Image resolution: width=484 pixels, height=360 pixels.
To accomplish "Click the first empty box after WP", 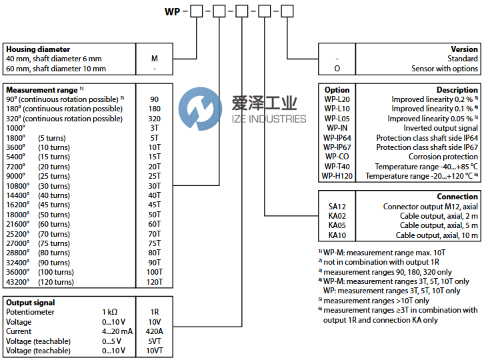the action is click(x=197, y=11).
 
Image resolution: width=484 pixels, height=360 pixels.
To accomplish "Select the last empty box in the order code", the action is click(x=287, y=11).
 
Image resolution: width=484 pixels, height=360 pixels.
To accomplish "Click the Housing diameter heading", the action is click(x=38, y=49).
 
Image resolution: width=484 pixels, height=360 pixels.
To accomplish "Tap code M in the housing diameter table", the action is click(x=155, y=59).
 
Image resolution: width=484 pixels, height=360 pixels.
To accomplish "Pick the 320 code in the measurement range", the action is click(x=155, y=119).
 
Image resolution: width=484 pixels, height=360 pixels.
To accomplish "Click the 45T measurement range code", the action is click(x=155, y=205).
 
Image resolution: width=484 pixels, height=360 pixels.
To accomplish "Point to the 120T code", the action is click(x=155, y=282).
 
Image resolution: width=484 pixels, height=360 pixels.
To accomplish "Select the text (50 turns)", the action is click(x=54, y=215).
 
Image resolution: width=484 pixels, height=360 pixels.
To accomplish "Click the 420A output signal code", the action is click(x=155, y=331).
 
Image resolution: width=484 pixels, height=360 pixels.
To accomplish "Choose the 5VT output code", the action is click(x=155, y=341).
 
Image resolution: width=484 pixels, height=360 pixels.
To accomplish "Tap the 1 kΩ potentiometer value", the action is click(x=109, y=312).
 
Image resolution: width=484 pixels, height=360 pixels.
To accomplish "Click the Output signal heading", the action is click(x=31, y=303).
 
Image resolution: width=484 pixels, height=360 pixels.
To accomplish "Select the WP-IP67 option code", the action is click(x=337, y=147).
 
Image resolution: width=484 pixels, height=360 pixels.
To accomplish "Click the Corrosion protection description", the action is click(x=443, y=157).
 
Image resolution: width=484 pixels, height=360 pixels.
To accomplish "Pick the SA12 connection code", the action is click(x=337, y=207).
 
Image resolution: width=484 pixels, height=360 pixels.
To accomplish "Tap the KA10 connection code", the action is click(x=337, y=235).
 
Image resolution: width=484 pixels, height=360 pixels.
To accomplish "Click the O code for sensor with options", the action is click(x=337, y=69).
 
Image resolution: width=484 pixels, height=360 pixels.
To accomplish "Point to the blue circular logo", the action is click(x=200, y=109).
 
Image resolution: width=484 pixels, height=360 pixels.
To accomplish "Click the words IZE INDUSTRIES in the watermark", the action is click(x=269, y=119).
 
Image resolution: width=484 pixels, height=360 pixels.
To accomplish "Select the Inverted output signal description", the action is click(x=441, y=128).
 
